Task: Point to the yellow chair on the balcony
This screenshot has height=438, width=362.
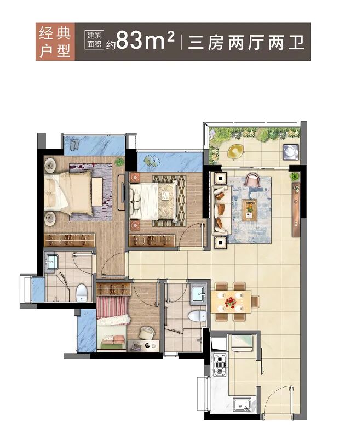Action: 235,151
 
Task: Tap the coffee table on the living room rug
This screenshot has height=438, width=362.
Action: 249,208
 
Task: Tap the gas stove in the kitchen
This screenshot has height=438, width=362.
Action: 220,365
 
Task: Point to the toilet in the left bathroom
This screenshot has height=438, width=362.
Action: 81,292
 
